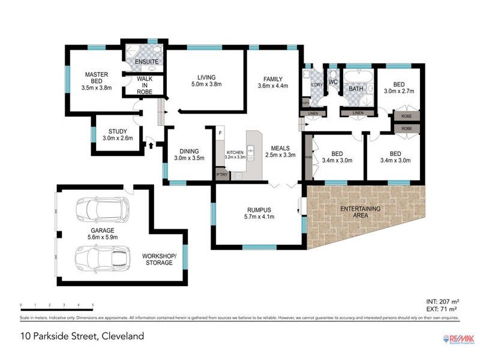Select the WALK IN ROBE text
click(x=145, y=85)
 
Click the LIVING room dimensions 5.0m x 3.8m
click(x=206, y=85)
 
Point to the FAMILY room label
click(x=272, y=78)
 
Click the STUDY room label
click(x=118, y=131)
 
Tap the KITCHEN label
click(x=235, y=153)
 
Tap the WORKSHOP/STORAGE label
click(x=159, y=259)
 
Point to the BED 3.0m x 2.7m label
click(x=400, y=88)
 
